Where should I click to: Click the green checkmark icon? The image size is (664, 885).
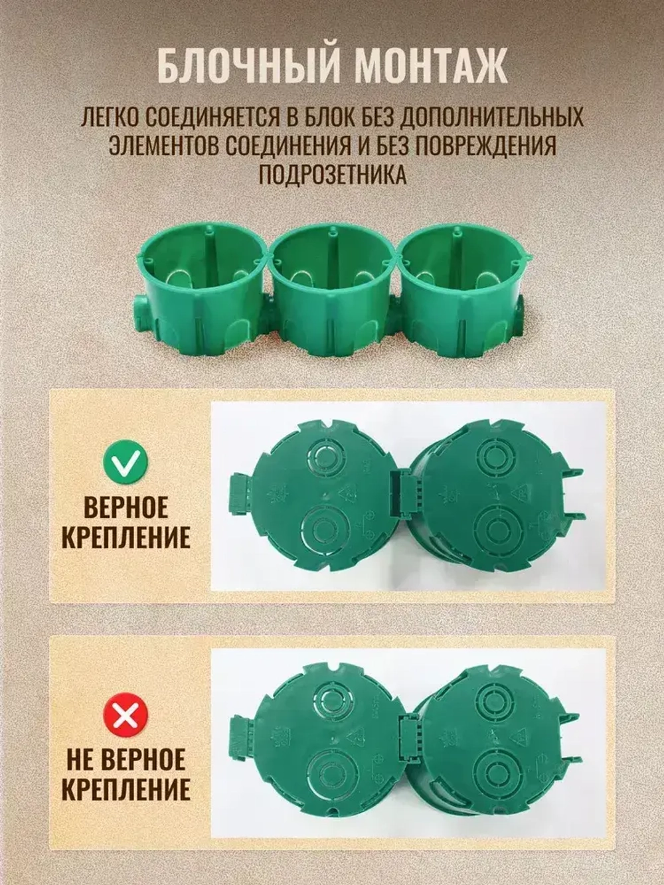coord(124,464)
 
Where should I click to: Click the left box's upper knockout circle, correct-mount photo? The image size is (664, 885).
coord(326,458)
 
